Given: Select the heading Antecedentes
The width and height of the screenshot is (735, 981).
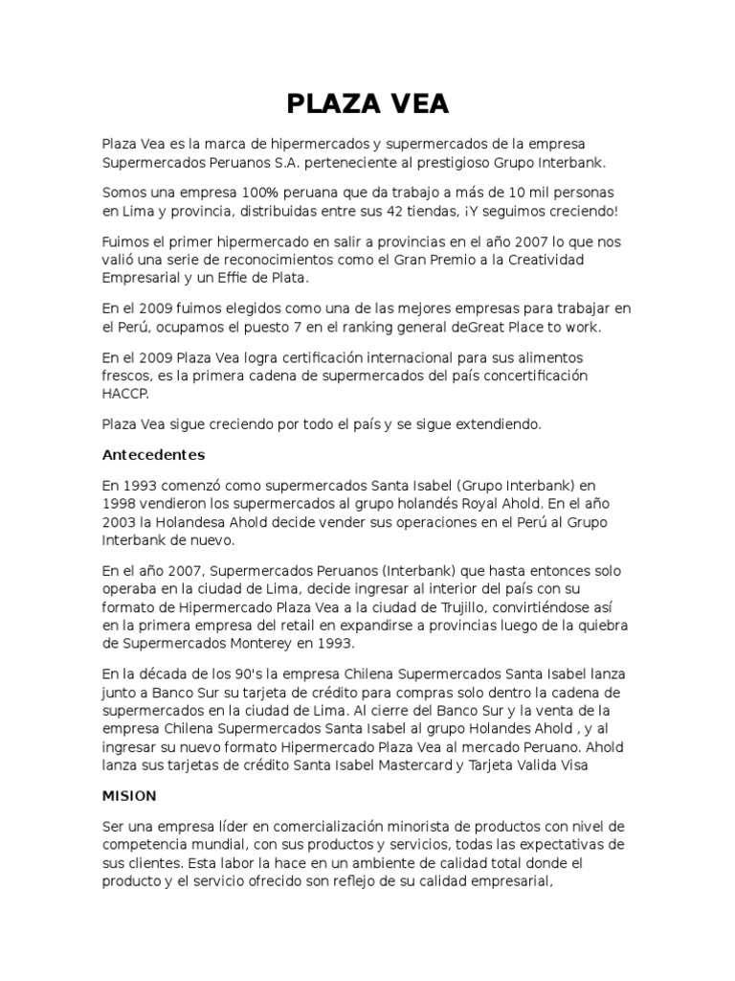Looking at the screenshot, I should click(x=154, y=454).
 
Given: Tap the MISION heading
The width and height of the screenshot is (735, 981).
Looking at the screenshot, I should click(x=129, y=796).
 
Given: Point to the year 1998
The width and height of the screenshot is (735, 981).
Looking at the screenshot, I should click(x=122, y=503).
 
